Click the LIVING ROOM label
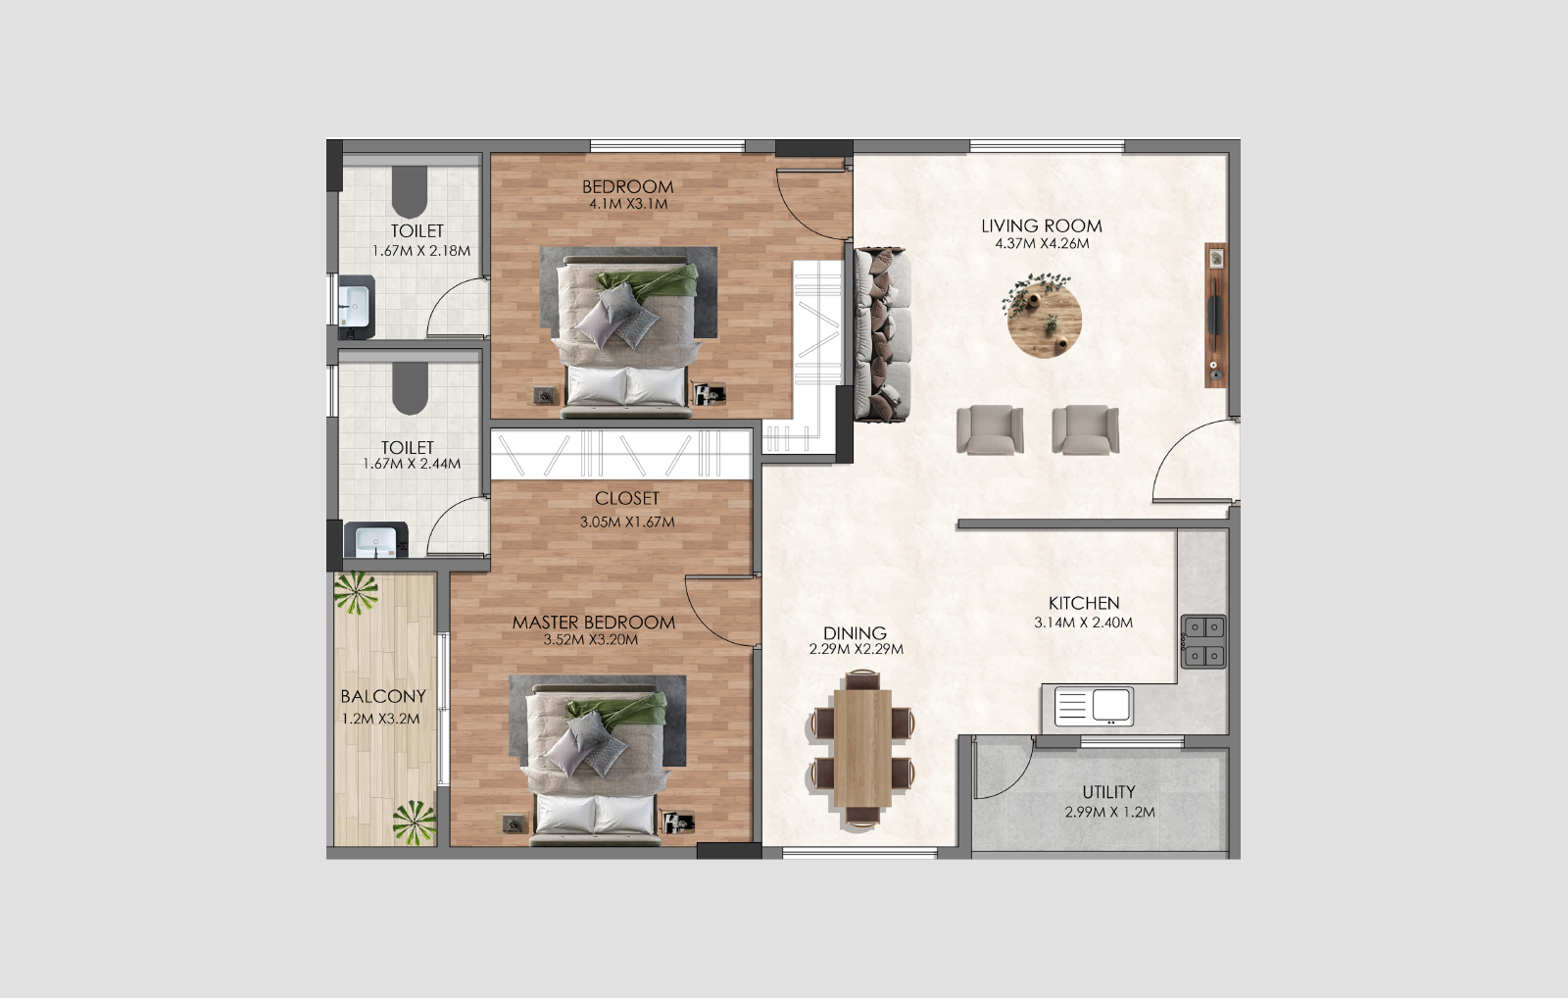point(1041,225)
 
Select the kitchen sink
point(1094,706)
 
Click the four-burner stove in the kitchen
point(1202,641)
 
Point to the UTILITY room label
point(1108,791)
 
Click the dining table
point(862,750)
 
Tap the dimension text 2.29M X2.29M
point(856,649)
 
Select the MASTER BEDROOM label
point(593,622)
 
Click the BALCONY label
point(382,696)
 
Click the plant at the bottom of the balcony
point(415,822)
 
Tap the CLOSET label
point(626,498)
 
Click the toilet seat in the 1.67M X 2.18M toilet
point(409,191)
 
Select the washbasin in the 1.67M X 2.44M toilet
point(374,541)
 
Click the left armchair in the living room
point(990,429)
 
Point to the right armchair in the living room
point(1085,429)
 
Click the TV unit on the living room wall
point(1215,315)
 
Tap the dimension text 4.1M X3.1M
point(627,204)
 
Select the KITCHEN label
point(1083,603)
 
